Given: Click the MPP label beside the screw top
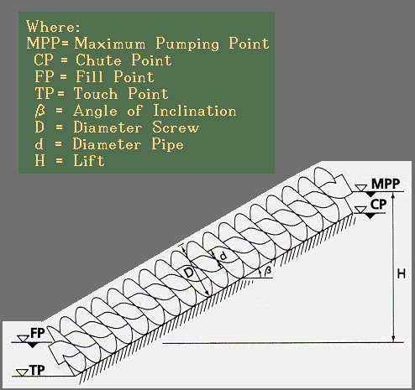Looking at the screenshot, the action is click(x=386, y=184).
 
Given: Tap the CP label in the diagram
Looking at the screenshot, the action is click(x=378, y=205).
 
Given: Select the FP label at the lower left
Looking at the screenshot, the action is click(x=37, y=333).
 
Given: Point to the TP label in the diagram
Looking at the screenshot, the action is click(x=37, y=370).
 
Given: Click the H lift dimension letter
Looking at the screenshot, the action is click(x=402, y=273).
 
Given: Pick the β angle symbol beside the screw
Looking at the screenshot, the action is click(x=268, y=271).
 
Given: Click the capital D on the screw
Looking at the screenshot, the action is click(x=189, y=273).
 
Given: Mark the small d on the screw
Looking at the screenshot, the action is click(x=223, y=256).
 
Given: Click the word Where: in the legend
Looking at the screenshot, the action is click(x=53, y=27).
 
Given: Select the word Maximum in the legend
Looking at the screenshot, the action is click(x=110, y=44).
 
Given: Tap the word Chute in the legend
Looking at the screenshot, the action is click(x=98, y=60).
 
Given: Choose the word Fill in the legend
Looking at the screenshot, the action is click(x=90, y=77).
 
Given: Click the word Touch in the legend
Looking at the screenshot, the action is click(x=96, y=94).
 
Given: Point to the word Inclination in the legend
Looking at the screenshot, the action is click(x=195, y=111).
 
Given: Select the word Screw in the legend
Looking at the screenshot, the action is click(x=176, y=127).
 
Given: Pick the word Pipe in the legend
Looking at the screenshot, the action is click(x=167, y=145).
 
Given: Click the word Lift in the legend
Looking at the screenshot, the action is click(x=89, y=161).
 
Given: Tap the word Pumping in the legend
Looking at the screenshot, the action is click(x=187, y=44).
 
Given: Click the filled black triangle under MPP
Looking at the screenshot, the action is click(x=370, y=194).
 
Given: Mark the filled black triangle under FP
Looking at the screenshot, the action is click(x=33, y=345).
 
